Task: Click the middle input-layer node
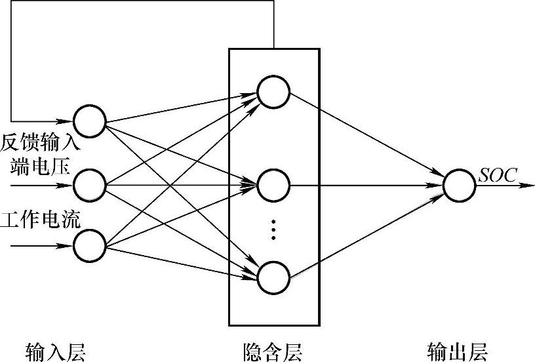click(x=90, y=185)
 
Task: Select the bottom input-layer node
click(x=90, y=247)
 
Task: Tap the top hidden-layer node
click(x=273, y=90)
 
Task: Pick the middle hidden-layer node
click(x=273, y=185)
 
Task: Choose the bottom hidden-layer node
click(x=273, y=278)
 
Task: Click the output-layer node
click(x=460, y=185)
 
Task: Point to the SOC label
click(x=498, y=175)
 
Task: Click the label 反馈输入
click(x=41, y=142)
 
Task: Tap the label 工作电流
click(x=41, y=219)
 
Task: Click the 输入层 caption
click(x=56, y=352)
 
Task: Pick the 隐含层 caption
click(x=272, y=352)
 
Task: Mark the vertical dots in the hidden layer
click(x=274, y=230)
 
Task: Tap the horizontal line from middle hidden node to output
click(x=367, y=185)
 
